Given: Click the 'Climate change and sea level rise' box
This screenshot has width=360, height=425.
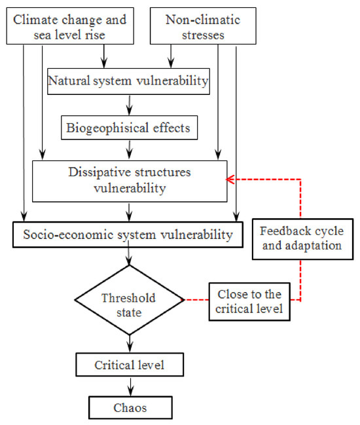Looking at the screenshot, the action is (x=70, y=26).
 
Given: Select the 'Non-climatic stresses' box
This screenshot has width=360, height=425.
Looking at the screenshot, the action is (x=203, y=26).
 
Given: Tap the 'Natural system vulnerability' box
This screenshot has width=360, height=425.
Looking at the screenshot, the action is (x=128, y=81).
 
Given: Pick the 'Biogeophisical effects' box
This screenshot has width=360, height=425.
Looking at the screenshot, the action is (x=129, y=128).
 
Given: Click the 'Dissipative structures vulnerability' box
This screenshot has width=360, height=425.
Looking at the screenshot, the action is (x=130, y=181).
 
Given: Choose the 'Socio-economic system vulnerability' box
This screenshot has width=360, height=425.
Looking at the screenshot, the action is (x=128, y=234).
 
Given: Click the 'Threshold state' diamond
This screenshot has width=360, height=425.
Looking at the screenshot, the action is (x=129, y=300).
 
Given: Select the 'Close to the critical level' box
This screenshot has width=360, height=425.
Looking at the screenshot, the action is (x=249, y=302).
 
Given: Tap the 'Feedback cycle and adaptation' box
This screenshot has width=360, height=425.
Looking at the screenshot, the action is (x=303, y=239).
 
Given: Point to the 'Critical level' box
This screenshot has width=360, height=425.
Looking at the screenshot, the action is (x=130, y=365).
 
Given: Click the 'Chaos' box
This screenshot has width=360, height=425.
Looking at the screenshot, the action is (x=130, y=408).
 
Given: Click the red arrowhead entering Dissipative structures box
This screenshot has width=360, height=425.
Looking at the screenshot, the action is (x=230, y=179).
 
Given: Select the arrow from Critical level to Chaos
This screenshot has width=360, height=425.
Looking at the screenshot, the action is (x=130, y=387).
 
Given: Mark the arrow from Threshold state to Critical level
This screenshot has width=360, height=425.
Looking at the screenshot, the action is (x=130, y=344).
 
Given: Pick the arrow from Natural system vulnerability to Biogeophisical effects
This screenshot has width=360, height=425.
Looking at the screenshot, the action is (x=130, y=105).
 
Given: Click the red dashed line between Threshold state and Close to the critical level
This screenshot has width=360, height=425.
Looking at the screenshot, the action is (x=196, y=300).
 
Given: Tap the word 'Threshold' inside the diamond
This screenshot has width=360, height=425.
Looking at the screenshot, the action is (x=129, y=298).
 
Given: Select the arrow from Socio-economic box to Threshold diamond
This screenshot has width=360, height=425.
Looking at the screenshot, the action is (x=129, y=253).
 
